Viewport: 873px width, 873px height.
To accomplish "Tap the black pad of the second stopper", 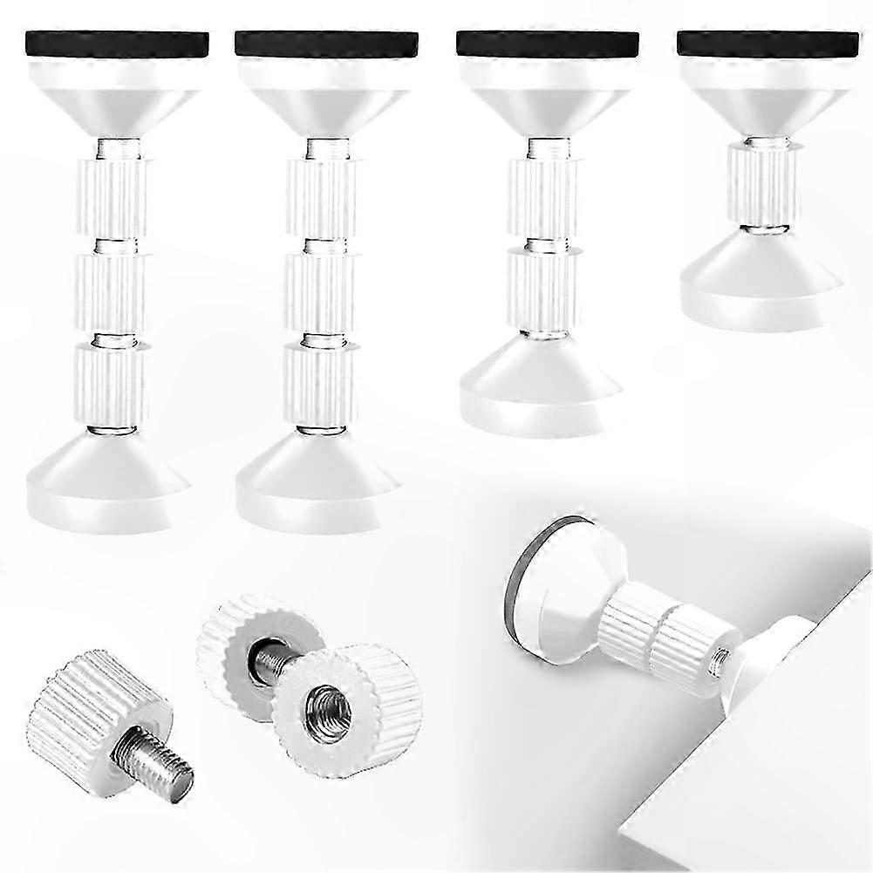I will pos(325,43).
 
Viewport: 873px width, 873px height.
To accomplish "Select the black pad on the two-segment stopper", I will pos(547,43).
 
